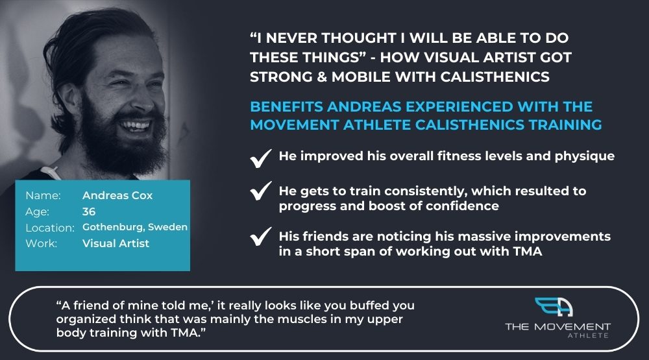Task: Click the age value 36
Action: coord(89,211)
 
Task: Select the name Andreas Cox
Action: coord(117,195)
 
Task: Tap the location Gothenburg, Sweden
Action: coord(135,227)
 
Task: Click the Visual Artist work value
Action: coord(116,243)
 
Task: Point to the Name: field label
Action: coord(43,195)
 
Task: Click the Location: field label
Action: coord(50,228)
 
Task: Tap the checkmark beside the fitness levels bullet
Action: coord(261,158)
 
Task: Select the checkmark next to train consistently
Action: coord(261,191)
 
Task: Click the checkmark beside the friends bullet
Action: coord(261,236)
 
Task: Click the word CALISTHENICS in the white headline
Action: coord(495,77)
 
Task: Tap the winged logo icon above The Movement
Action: coord(554,307)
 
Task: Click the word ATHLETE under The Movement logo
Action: coord(588,335)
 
